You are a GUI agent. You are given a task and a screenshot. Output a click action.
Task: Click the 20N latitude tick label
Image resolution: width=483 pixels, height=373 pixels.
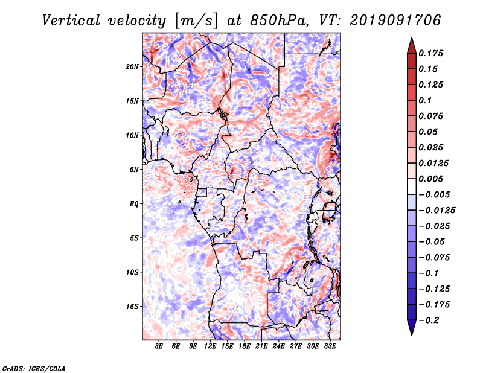[132, 67]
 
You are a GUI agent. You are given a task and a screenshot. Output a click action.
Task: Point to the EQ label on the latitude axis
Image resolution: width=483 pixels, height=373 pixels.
[133, 204]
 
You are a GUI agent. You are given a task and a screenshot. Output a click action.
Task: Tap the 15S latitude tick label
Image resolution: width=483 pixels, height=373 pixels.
[132, 307]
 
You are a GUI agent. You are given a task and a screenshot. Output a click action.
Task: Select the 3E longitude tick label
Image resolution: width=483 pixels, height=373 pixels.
[159, 346]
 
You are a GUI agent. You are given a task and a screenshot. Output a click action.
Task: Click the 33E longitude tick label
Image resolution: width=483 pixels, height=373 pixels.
[330, 346]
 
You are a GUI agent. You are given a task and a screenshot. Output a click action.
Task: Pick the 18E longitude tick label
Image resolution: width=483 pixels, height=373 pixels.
[245, 346]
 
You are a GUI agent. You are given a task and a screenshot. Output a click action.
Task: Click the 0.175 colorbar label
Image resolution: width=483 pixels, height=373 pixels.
[430, 53]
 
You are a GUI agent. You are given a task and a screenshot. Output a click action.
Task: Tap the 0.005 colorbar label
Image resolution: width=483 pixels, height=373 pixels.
[430, 179]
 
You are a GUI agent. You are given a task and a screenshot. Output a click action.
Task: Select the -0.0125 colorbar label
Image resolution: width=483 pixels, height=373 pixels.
[437, 211]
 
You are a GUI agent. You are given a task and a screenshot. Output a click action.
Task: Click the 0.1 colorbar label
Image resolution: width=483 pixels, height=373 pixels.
[425, 100]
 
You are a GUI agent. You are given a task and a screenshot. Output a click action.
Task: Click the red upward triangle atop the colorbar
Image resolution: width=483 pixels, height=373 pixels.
[412, 45]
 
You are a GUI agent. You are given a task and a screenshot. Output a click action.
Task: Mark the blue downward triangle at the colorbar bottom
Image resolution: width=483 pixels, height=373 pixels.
[412, 328]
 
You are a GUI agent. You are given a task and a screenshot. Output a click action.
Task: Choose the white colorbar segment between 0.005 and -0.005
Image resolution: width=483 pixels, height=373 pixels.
[412, 186]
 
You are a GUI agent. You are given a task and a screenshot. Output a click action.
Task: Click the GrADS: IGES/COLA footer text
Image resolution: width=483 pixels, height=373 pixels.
[34, 368]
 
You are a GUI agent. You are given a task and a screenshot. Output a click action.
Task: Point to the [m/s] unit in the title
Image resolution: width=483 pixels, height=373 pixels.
[196, 21]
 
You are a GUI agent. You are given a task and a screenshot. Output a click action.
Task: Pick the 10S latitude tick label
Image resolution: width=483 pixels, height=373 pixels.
[132, 272]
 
